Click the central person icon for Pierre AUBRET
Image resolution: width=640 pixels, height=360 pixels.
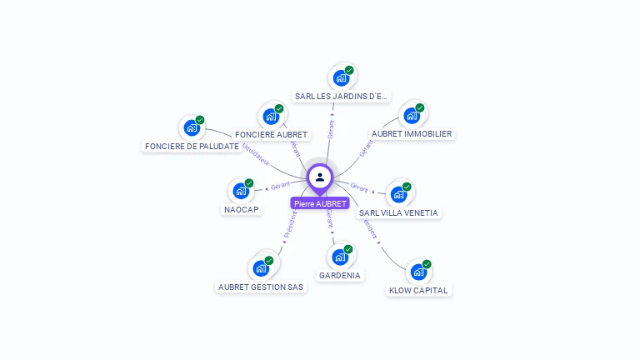coord(320,177)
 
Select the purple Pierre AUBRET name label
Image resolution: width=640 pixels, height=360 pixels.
coord(320,203)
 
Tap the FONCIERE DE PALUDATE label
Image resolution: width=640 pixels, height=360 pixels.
coord(192,147)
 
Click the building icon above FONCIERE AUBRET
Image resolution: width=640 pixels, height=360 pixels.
coord(271,117)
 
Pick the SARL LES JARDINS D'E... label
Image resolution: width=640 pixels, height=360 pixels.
coord(341,96)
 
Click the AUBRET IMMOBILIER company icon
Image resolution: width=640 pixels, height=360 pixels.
coord(411,116)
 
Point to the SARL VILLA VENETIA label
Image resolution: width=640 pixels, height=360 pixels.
coord(398,212)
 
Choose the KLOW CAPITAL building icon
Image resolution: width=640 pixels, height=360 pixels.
coord(417,272)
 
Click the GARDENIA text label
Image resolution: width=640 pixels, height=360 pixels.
coord(340,275)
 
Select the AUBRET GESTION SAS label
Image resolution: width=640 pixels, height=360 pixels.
coord(261,287)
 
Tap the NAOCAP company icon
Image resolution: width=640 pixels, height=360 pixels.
coord(241,191)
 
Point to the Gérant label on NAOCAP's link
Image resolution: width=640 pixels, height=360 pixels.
coord(280,186)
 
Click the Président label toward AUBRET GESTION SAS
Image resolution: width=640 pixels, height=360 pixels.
coord(290,225)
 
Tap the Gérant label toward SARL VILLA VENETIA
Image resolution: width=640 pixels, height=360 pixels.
coord(359,187)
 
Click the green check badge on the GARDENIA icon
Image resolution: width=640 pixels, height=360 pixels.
coord(348,248)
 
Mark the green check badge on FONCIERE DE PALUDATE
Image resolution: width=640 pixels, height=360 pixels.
coord(200,120)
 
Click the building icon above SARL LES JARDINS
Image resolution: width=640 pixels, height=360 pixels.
coord(341,78)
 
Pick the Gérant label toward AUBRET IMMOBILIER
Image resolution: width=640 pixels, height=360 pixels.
coord(366,149)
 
